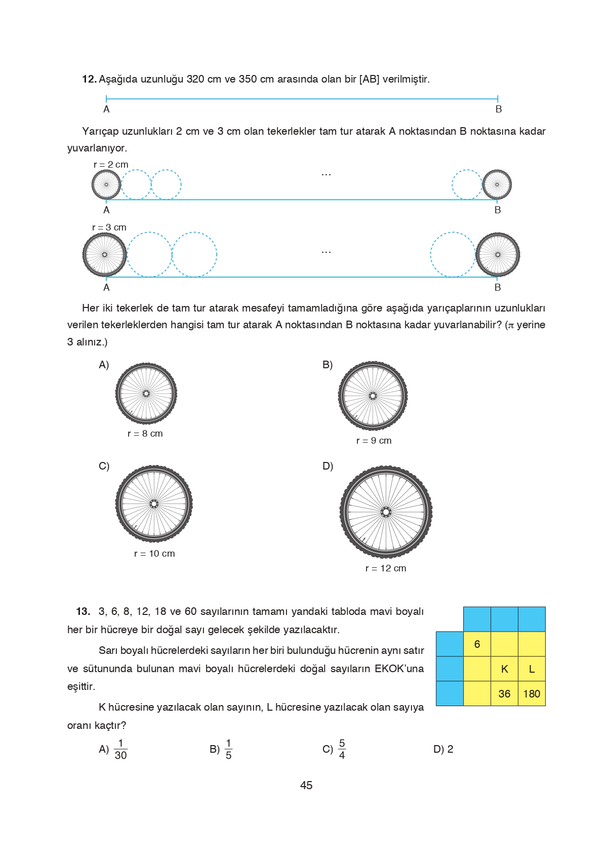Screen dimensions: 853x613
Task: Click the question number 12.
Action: click(89, 79)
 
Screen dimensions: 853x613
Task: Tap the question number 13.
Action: click(83, 611)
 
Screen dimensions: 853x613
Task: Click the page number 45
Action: click(306, 785)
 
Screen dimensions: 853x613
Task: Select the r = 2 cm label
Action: click(111, 165)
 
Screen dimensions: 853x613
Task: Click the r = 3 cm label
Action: click(109, 227)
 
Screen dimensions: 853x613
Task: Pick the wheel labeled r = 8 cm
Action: click(146, 393)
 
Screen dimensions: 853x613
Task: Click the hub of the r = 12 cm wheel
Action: click(386, 512)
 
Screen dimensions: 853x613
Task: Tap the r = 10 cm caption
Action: click(154, 554)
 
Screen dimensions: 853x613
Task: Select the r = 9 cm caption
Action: click(374, 441)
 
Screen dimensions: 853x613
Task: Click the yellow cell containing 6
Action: click(477, 644)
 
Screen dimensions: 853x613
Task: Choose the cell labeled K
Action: click(504, 669)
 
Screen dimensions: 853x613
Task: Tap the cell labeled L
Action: click(532, 669)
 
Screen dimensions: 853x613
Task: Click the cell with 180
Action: click(532, 693)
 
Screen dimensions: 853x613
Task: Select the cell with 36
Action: click(504, 693)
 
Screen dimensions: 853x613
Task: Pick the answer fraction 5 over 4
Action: click(342, 749)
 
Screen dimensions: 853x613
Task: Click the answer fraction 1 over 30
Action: click(120, 749)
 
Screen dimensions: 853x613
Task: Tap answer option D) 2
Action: click(443, 749)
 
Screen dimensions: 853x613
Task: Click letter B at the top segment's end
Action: click(499, 109)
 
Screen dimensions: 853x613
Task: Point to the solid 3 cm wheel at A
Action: click(105, 255)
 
